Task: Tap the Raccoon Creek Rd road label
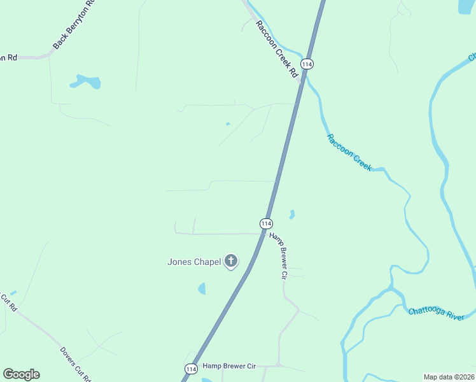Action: (x=277, y=49)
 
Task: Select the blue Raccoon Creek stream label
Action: (x=349, y=152)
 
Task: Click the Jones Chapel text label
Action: (x=194, y=261)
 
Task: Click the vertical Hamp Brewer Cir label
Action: (x=278, y=255)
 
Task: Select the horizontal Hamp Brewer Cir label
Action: (x=229, y=367)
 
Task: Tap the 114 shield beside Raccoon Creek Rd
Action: (x=308, y=64)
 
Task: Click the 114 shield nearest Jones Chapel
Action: (x=266, y=223)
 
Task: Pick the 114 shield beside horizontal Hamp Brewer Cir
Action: (x=191, y=369)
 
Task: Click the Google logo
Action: (x=21, y=374)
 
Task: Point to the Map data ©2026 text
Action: (x=449, y=377)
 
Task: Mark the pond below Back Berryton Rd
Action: (x=87, y=81)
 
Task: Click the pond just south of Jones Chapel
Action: (x=202, y=288)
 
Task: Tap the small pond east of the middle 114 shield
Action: (x=292, y=215)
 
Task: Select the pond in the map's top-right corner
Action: (x=466, y=6)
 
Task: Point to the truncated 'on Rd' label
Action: (x=8, y=57)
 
